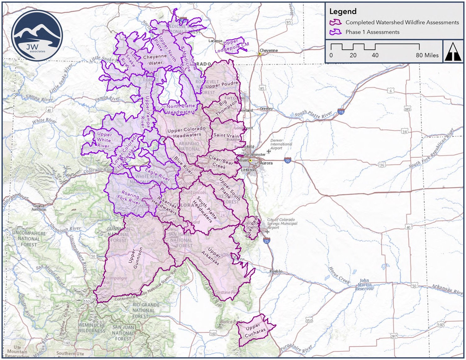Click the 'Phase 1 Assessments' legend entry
(372, 32)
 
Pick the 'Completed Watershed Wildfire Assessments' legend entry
(402, 22)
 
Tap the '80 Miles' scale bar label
(427, 55)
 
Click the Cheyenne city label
(268, 50)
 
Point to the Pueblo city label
(276, 271)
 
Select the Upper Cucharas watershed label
(255, 330)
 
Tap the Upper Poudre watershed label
(222, 85)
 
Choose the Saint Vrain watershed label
(226, 135)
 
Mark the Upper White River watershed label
(104, 140)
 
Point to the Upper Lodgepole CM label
(232, 46)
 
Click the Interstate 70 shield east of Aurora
(287, 161)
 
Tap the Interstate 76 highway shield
(341, 112)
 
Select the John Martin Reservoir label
(364, 285)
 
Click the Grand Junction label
(39, 208)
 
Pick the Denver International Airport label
(281, 144)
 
